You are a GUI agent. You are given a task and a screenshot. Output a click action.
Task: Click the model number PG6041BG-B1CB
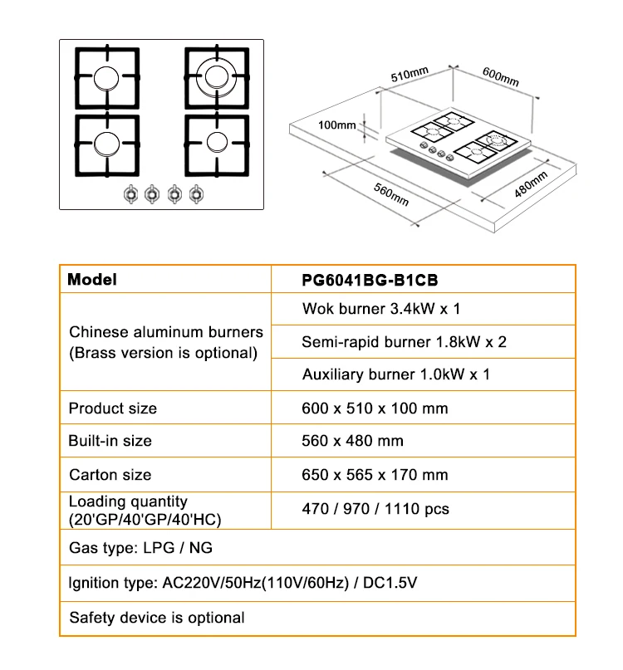(369, 281)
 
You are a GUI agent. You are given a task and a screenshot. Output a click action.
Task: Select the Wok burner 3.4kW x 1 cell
(380, 309)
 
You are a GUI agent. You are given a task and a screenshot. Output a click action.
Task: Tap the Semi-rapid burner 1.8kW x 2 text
(404, 341)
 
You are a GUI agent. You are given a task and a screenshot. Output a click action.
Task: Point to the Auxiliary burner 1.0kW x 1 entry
(395, 374)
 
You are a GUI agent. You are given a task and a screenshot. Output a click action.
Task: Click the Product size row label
(112, 408)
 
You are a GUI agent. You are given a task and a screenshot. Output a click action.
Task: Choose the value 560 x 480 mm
(352, 441)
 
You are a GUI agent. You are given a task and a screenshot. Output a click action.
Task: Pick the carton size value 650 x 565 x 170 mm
(374, 475)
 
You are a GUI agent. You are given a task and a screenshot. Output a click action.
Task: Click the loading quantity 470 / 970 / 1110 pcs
(375, 508)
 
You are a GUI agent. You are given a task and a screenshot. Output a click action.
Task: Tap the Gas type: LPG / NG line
(141, 548)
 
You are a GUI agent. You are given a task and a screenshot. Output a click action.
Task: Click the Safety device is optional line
(157, 618)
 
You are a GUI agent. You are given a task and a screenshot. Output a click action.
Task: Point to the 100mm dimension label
(336, 125)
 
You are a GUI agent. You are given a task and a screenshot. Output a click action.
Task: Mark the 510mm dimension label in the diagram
(410, 76)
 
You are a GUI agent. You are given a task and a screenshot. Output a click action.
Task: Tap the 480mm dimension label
(531, 183)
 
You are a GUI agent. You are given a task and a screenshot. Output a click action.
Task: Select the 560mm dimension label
(391, 193)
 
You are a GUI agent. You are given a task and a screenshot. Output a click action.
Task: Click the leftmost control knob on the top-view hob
(130, 194)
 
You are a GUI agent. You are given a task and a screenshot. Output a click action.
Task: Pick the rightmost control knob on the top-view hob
(196, 194)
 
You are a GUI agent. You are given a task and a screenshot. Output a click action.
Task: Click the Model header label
(92, 280)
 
